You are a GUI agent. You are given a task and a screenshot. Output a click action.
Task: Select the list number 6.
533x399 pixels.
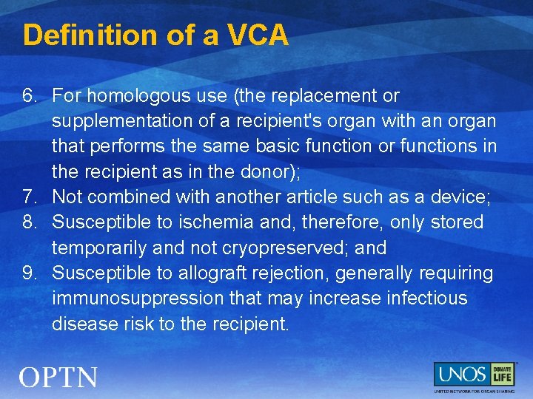click(x=28, y=96)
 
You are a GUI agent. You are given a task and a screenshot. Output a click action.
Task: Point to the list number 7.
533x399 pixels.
click(x=28, y=197)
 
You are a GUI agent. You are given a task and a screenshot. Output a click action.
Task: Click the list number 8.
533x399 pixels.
click(x=28, y=222)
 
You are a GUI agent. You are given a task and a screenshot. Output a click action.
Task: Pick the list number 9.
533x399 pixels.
click(x=28, y=273)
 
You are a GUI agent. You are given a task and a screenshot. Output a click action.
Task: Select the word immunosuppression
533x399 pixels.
click(x=138, y=299)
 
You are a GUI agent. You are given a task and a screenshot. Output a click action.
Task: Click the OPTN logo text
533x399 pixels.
click(x=58, y=378)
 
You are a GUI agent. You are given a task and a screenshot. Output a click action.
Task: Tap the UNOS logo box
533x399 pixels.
click(x=460, y=374)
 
